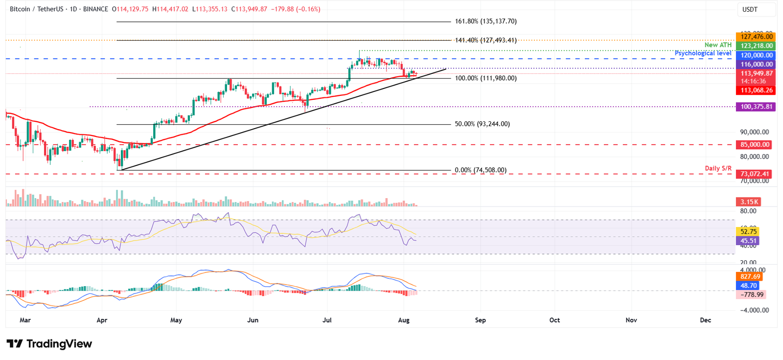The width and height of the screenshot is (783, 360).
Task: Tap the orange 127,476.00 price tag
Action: click(756, 37)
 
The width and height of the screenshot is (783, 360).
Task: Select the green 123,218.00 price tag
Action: click(756, 45)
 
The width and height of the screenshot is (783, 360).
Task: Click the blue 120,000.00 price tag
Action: click(756, 55)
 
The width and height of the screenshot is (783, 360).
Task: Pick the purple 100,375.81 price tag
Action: click(756, 107)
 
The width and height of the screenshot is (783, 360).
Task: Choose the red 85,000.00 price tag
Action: click(754, 145)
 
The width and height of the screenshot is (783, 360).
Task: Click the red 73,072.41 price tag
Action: click(754, 174)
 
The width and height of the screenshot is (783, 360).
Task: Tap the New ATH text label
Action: click(718, 45)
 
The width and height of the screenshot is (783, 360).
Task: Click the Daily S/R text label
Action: click(718, 168)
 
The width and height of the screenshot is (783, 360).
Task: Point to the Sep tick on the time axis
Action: click(481, 320)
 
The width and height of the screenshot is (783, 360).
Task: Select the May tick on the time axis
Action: click(176, 320)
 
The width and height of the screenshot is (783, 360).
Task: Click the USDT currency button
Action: click(750, 10)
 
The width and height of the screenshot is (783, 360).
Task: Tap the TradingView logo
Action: click(49, 344)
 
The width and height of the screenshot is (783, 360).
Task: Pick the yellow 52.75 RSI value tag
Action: click(748, 232)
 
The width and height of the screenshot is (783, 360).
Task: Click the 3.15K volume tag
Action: click(749, 202)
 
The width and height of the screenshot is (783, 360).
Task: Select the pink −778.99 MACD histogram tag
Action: click(751, 294)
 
